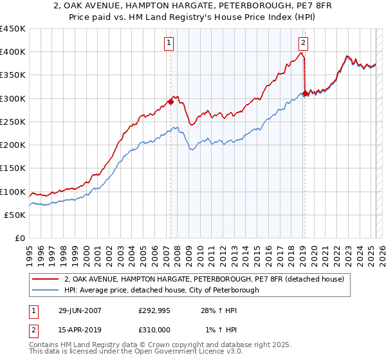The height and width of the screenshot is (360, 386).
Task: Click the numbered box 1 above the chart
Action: click(169, 43)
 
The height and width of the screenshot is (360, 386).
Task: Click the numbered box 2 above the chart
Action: click(303, 43)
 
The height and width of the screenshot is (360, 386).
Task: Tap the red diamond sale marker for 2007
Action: click(170, 101)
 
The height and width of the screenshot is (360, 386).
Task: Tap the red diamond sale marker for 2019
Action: click(304, 93)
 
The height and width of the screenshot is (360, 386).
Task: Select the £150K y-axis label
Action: click(14, 168)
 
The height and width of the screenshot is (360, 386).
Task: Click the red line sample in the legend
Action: click(46, 280)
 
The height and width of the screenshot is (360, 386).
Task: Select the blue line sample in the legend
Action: click(46, 290)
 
